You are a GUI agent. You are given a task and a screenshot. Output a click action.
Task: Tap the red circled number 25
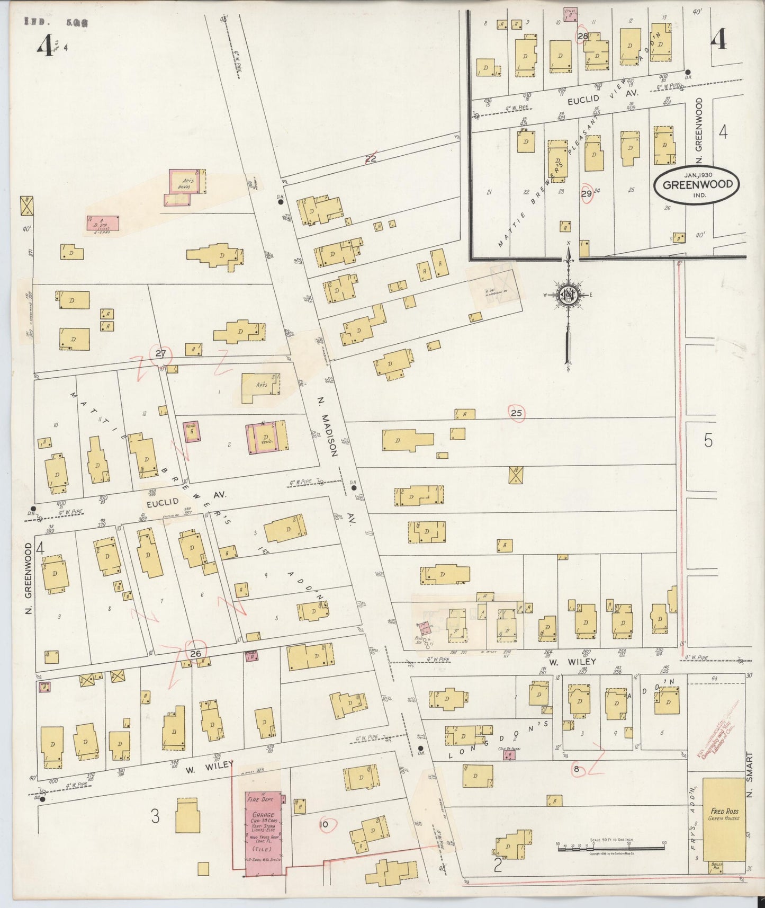pos(517,413)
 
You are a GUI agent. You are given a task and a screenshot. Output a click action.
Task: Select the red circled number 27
pos(161,353)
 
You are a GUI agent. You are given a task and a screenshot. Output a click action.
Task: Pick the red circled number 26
pos(196,654)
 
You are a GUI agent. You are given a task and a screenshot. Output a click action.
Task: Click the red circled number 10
pos(325,824)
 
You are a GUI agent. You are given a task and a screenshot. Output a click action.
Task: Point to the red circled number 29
pos(586,193)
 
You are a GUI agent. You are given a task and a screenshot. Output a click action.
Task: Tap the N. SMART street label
pos(748,779)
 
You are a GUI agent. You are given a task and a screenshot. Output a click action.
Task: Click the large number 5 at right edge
pos(708,441)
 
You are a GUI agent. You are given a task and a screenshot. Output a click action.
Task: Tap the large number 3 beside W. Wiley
pos(155,816)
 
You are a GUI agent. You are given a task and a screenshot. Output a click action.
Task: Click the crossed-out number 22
pos(371,157)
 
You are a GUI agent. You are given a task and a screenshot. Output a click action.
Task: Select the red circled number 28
pos(583,36)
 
